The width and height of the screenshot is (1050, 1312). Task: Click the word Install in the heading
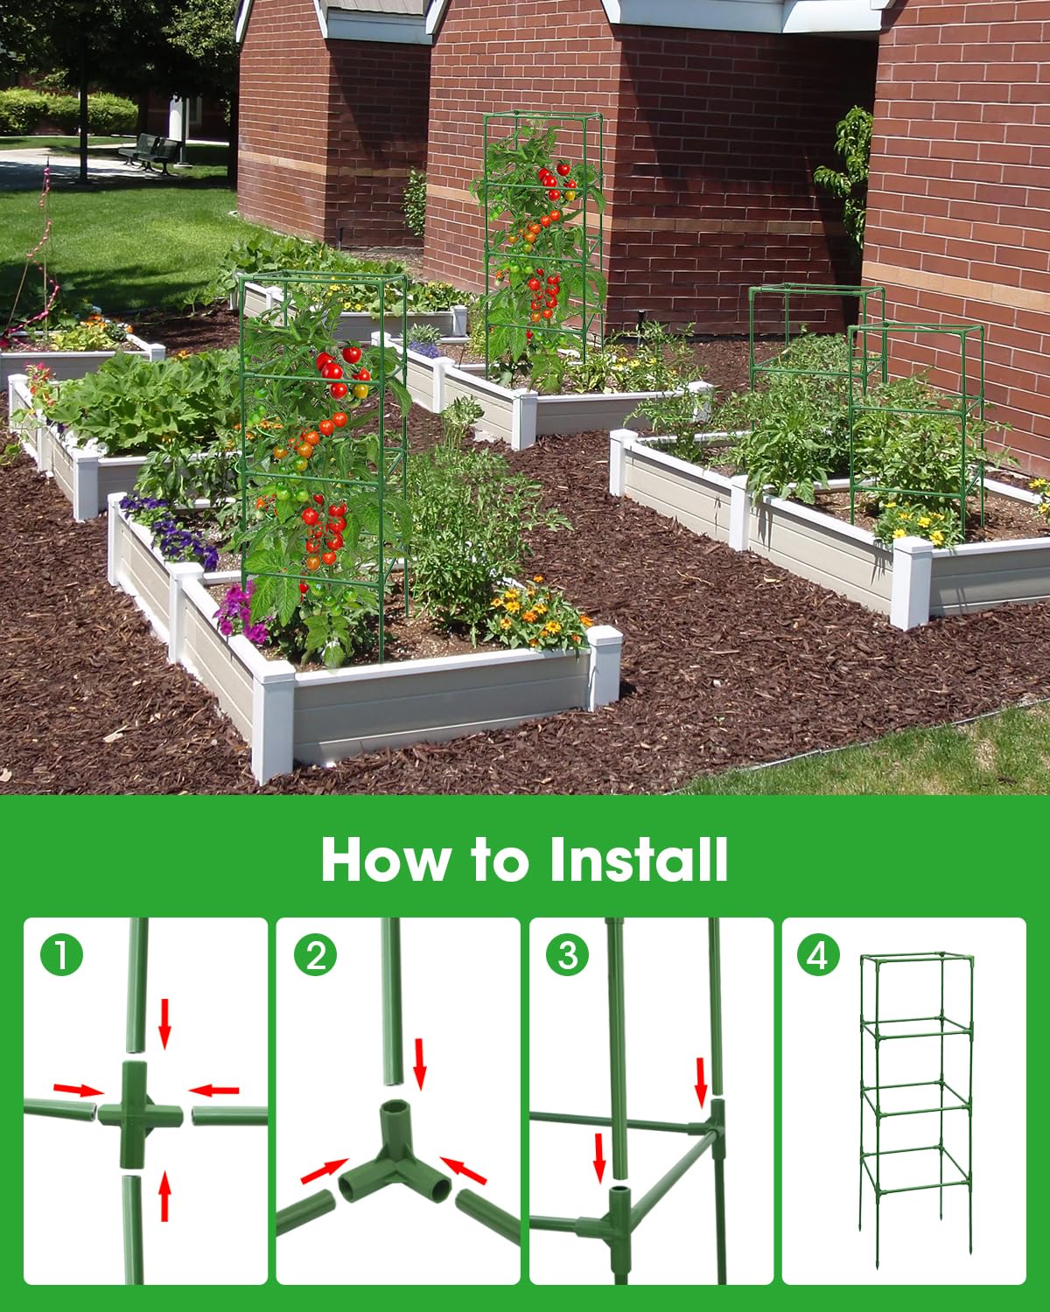tap(638, 860)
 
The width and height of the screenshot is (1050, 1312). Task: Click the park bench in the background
tap(150, 152)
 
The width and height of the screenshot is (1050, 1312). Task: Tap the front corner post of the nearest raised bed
tap(273, 719)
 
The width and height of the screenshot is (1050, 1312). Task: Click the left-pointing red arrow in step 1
tap(213, 1091)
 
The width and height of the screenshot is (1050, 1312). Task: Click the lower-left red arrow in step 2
tap(324, 1170)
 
